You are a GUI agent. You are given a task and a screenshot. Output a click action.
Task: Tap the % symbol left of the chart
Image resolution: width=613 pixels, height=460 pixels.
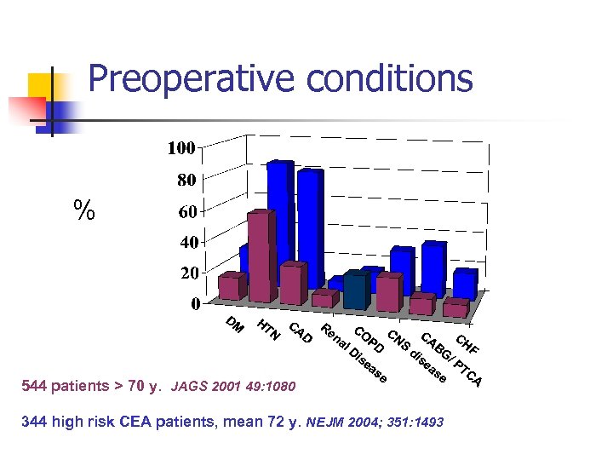pyautogui.click(x=83, y=210)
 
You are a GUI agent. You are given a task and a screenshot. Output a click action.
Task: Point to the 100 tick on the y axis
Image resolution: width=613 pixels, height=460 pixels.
pyautogui.click(x=180, y=148)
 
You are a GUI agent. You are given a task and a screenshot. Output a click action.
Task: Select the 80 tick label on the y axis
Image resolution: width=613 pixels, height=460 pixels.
pyautogui.click(x=186, y=181)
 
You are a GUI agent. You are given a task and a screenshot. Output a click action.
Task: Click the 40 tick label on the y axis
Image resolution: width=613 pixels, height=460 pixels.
pyautogui.click(x=186, y=242)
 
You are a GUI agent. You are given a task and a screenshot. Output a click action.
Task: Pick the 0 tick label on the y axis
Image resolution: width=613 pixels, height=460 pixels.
pyautogui.click(x=195, y=303)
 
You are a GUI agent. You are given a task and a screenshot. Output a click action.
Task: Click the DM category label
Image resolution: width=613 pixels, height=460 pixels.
pyautogui.click(x=236, y=325)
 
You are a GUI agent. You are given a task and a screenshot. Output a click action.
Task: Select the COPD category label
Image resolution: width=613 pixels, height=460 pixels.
pyautogui.click(x=369, y=338)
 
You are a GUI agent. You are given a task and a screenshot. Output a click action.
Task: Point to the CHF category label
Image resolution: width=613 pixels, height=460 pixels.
pyautogui.click(x=467, y=345)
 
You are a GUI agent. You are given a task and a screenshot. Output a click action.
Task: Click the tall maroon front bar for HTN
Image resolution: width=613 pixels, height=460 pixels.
pyautogui.click(x=261, y=256)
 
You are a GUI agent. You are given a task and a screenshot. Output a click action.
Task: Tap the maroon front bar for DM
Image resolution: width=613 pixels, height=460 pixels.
pyautogui.click(x=230, y=287)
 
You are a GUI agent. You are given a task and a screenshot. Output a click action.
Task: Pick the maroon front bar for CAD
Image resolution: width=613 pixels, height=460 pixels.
pyautogui.click(x=292, y=284)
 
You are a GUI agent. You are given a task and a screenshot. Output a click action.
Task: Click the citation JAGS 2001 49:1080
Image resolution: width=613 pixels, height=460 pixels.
pyautogui.click(x=233, y=387)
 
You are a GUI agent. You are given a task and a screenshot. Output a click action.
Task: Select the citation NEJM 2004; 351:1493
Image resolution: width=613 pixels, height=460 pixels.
pyautogui.click(x=374, y=422)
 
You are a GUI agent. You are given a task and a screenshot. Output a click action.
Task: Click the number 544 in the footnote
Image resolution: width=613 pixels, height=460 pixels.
pyautogui.click(x=35, y=386)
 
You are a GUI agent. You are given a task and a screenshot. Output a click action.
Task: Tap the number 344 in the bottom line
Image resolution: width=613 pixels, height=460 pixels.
pyautogui.click(x=35, y=422)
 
